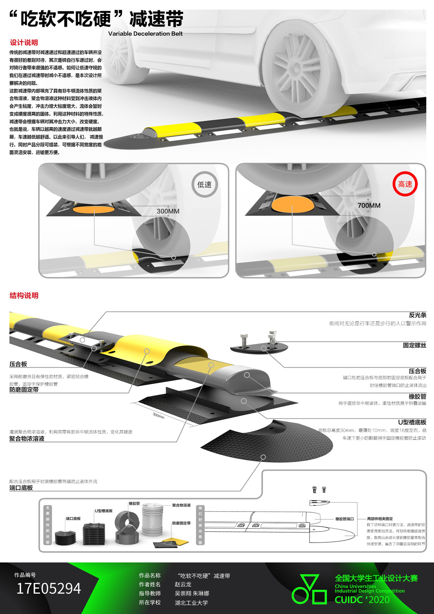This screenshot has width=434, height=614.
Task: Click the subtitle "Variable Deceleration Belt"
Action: (x=145, y=34)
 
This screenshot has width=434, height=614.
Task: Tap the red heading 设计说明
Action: (x=24, y=43)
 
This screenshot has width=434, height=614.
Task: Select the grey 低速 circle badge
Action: (x=205, y=185)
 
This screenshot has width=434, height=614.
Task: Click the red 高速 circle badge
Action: (x=405, y=184)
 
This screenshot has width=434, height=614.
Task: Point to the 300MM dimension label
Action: (x=168, y=211)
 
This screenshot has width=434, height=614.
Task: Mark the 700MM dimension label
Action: (x=369, y=206)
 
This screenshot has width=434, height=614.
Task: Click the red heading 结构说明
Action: (x=24, y=295)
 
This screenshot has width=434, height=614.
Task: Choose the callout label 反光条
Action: (x=417, y=315)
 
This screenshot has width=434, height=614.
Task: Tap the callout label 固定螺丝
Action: (x=414, y=345)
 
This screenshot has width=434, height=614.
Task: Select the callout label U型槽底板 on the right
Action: (x=412, y=422)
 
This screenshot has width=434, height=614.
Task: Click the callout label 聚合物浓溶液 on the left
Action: (x=27, y=439)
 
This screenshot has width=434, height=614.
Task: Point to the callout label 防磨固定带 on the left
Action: (x=24, y=390)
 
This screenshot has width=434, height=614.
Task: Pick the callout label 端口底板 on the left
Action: (x=21, y=488)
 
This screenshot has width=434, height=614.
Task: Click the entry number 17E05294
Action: (x=49, y=589)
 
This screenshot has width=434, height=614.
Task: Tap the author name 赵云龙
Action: (x=183, y=584)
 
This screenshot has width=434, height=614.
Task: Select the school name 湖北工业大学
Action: (x=191, y=602)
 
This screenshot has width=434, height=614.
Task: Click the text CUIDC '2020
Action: (x=362, y=600)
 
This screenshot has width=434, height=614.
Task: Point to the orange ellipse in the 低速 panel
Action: (x=94, y=209)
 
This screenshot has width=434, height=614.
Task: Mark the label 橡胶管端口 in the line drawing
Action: (x=345, y=519)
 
